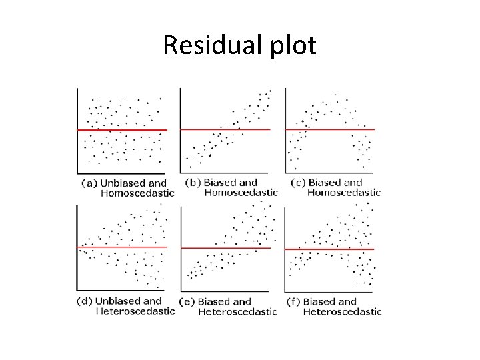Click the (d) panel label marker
pos(85,301)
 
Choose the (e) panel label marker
pos(188,301)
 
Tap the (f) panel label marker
pos(293,301)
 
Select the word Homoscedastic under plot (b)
pos(241,193)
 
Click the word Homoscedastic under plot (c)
pos(344,193)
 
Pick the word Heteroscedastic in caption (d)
pos(135,311)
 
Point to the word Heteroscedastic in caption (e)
pos(237,311)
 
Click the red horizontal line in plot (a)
pos(122,130)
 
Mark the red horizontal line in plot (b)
pos(225,129)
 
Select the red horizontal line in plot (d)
pos(122,247)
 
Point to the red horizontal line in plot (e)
pos(225,248)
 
